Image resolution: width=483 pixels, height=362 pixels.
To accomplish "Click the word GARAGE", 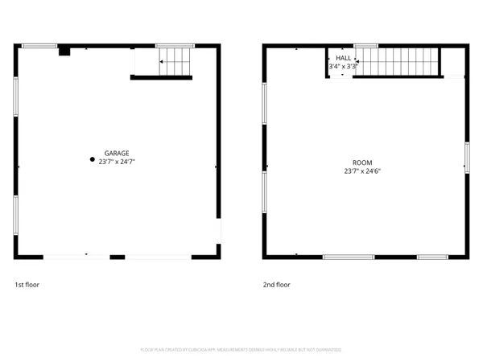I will coord(117,153).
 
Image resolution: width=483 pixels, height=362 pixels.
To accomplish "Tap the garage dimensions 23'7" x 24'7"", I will coord(117,162).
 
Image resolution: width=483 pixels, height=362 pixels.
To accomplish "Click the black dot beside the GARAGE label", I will coord(92,159).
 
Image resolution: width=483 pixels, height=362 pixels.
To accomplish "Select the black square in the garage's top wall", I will coord(64,51).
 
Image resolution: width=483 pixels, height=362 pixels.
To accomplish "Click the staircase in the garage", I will coord(175,61).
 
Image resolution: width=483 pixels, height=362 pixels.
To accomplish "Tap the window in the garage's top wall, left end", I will coord(39,46).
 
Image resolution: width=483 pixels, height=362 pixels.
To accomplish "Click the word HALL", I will coord(344,59).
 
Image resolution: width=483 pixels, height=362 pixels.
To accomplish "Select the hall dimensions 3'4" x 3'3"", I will coord(344,67).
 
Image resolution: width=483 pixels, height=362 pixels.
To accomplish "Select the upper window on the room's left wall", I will coord(264,103).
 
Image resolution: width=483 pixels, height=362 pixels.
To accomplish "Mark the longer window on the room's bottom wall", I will coord(348,257).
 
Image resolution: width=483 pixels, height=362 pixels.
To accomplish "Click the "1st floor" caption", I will coord(27,285).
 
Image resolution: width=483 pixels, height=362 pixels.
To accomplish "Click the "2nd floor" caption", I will coord(277,285).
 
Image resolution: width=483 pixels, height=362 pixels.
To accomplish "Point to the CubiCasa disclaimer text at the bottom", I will coord(242,350).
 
